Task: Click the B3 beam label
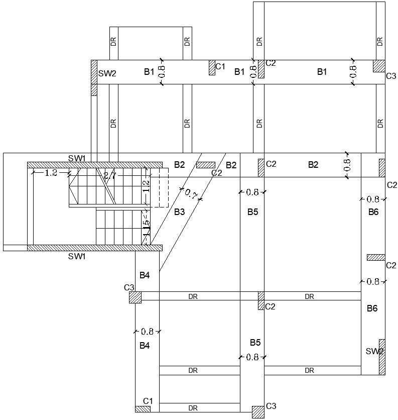click(179, 212)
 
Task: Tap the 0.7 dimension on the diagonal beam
click(190, 193)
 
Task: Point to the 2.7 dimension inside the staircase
click(109, 176)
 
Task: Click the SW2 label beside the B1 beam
click(107, 73)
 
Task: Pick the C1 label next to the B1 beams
click(220, 66)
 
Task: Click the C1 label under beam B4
click(148, 401)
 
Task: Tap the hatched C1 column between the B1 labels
click(212, 68)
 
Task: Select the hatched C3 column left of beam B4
click(135, 297)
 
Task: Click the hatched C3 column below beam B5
click(258, 412)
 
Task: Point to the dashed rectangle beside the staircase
click(161, 188)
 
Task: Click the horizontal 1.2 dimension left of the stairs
click(51, 173)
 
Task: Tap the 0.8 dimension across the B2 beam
click(347, 165)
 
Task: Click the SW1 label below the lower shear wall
click(77, 256)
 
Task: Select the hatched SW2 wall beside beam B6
click(382, 357)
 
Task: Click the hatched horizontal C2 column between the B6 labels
click(376, 258)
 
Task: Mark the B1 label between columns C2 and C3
click(322, 72)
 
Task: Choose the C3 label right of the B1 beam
click(391, 76)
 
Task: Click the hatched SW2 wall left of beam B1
click(94, 78)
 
